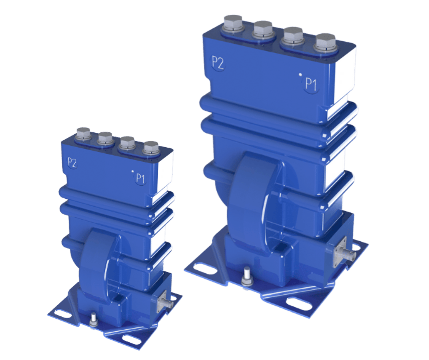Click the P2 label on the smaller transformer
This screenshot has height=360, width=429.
pos(72,163)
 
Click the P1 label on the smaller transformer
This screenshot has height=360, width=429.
pos(140,178)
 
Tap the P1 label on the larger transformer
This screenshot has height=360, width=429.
pos(311,84)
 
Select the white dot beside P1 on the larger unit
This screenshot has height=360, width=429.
pos(300,75)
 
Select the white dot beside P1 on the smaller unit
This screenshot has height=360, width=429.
pos(133,171)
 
